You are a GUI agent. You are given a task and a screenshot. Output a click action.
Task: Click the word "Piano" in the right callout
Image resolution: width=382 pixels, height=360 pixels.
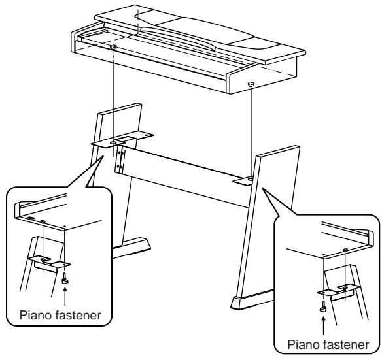295,346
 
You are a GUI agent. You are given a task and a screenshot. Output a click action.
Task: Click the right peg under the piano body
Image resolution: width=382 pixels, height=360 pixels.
252,84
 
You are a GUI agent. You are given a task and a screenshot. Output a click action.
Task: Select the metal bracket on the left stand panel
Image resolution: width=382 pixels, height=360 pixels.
124,139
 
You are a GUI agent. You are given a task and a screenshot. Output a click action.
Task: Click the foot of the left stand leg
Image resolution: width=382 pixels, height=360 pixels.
134,245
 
